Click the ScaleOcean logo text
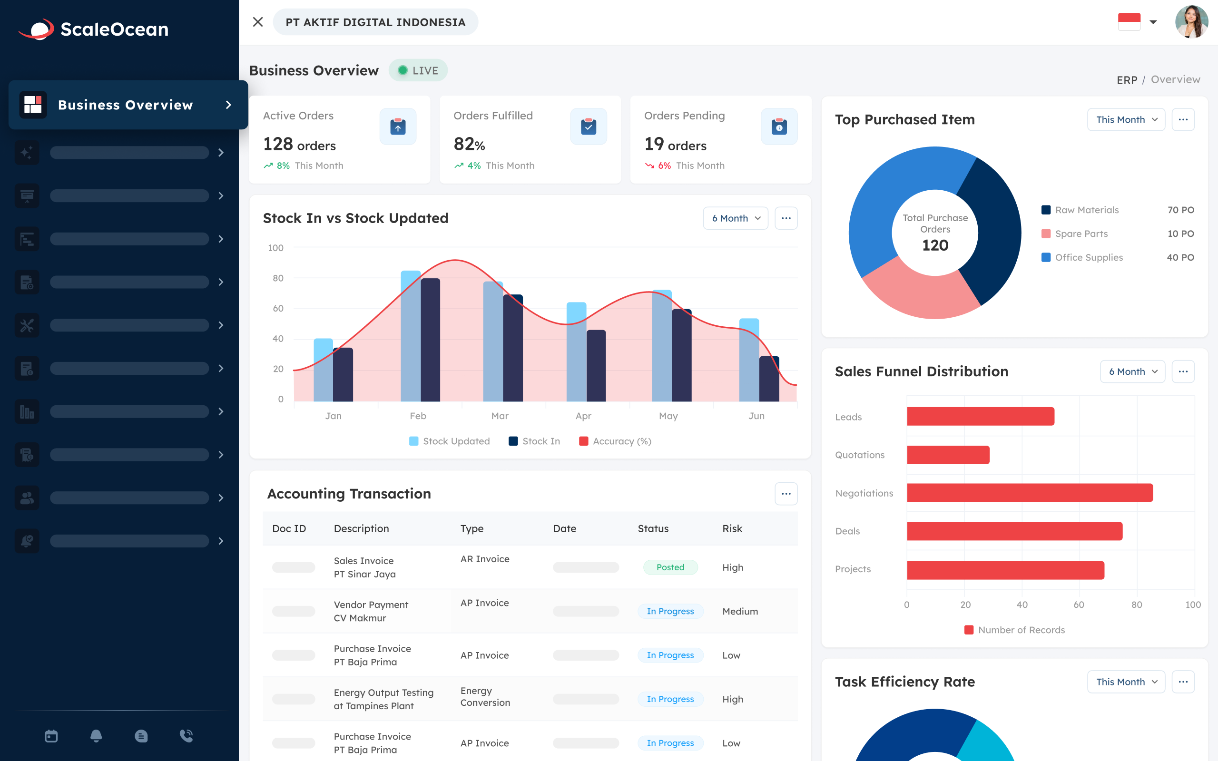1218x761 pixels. pos(114,29)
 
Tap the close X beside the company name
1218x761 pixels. pos(258,22)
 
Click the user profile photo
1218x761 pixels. pos(1191,22)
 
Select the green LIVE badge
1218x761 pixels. pos(418,70)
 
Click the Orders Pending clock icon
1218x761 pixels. pos(778,127)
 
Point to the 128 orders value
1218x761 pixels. pos(299,145)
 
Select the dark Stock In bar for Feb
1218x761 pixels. pos(430,340)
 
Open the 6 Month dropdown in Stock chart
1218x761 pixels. pos(736,218)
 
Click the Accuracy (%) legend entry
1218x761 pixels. pos(615,441)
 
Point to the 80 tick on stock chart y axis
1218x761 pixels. pos(278,278)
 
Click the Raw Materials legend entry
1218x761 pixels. pos(1086,210)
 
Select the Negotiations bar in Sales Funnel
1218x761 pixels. pos(1029,493)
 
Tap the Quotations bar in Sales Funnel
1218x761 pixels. pos(948,455)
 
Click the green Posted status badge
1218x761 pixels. pos(670,567)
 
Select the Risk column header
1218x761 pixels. pos(732,528)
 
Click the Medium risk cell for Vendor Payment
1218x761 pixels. pos(739,611)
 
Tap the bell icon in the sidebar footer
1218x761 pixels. pos(96,736)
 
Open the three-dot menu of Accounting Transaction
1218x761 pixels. pos(786,494)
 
